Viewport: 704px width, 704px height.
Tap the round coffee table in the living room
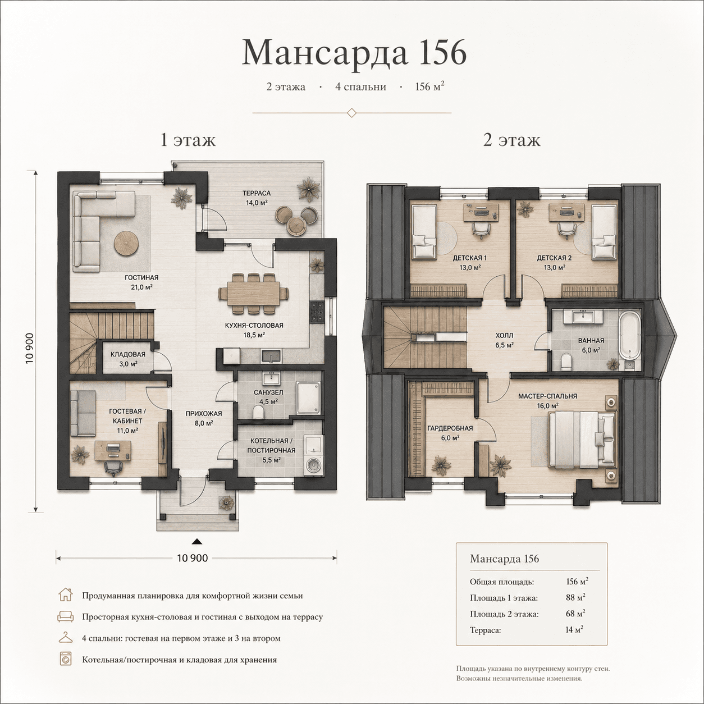pos(126,243)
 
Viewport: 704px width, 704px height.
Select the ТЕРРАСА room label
pos(257,193)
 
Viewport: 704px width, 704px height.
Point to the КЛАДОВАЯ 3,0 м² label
pos(128,359)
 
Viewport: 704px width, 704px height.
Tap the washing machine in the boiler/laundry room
pos(313,467)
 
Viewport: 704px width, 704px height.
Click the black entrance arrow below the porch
pos(197,541)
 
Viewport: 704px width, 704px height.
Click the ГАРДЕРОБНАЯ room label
pos(450,428)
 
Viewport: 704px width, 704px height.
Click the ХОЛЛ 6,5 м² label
pos(505,340)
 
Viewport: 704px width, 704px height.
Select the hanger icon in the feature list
pos(66,638)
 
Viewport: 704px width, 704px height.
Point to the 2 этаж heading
pos(511,140)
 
